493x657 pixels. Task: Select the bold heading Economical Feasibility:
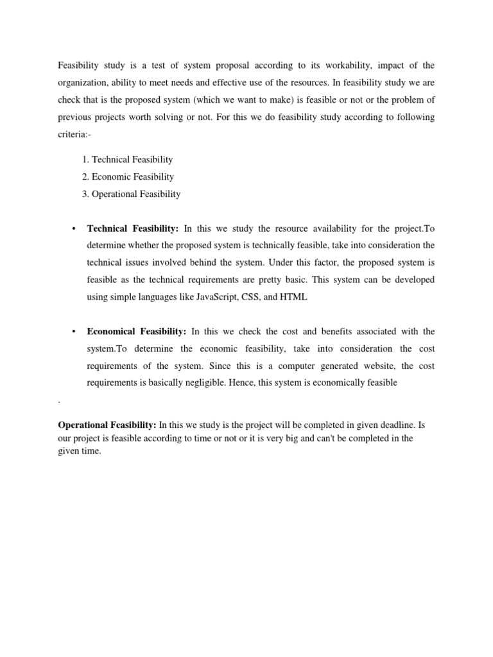(137, 331)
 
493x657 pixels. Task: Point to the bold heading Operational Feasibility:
(107, 425)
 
